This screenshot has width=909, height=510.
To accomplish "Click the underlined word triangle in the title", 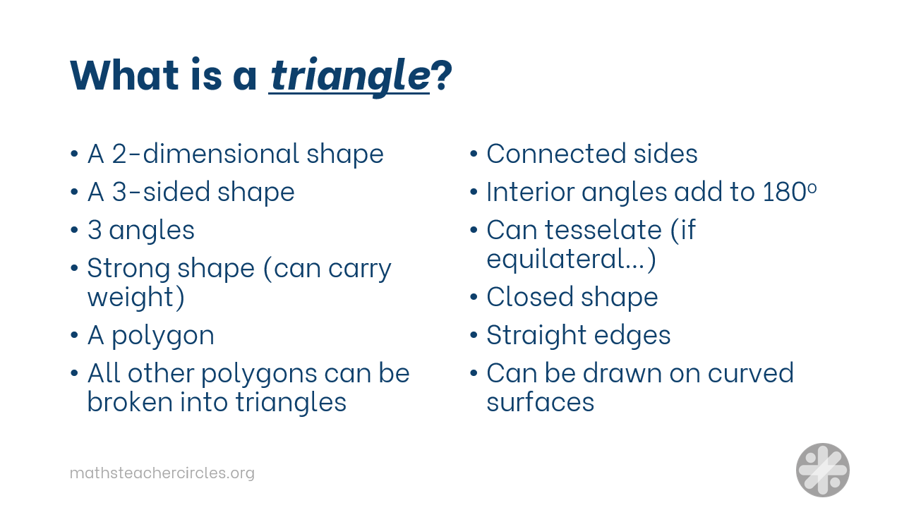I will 349,75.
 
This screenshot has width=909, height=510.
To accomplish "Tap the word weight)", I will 136,298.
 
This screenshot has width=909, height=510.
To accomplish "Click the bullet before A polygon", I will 75,335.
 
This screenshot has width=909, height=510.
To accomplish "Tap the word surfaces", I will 540,402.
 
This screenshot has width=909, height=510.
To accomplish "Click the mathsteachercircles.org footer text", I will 162,473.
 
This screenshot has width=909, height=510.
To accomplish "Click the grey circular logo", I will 822,470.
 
